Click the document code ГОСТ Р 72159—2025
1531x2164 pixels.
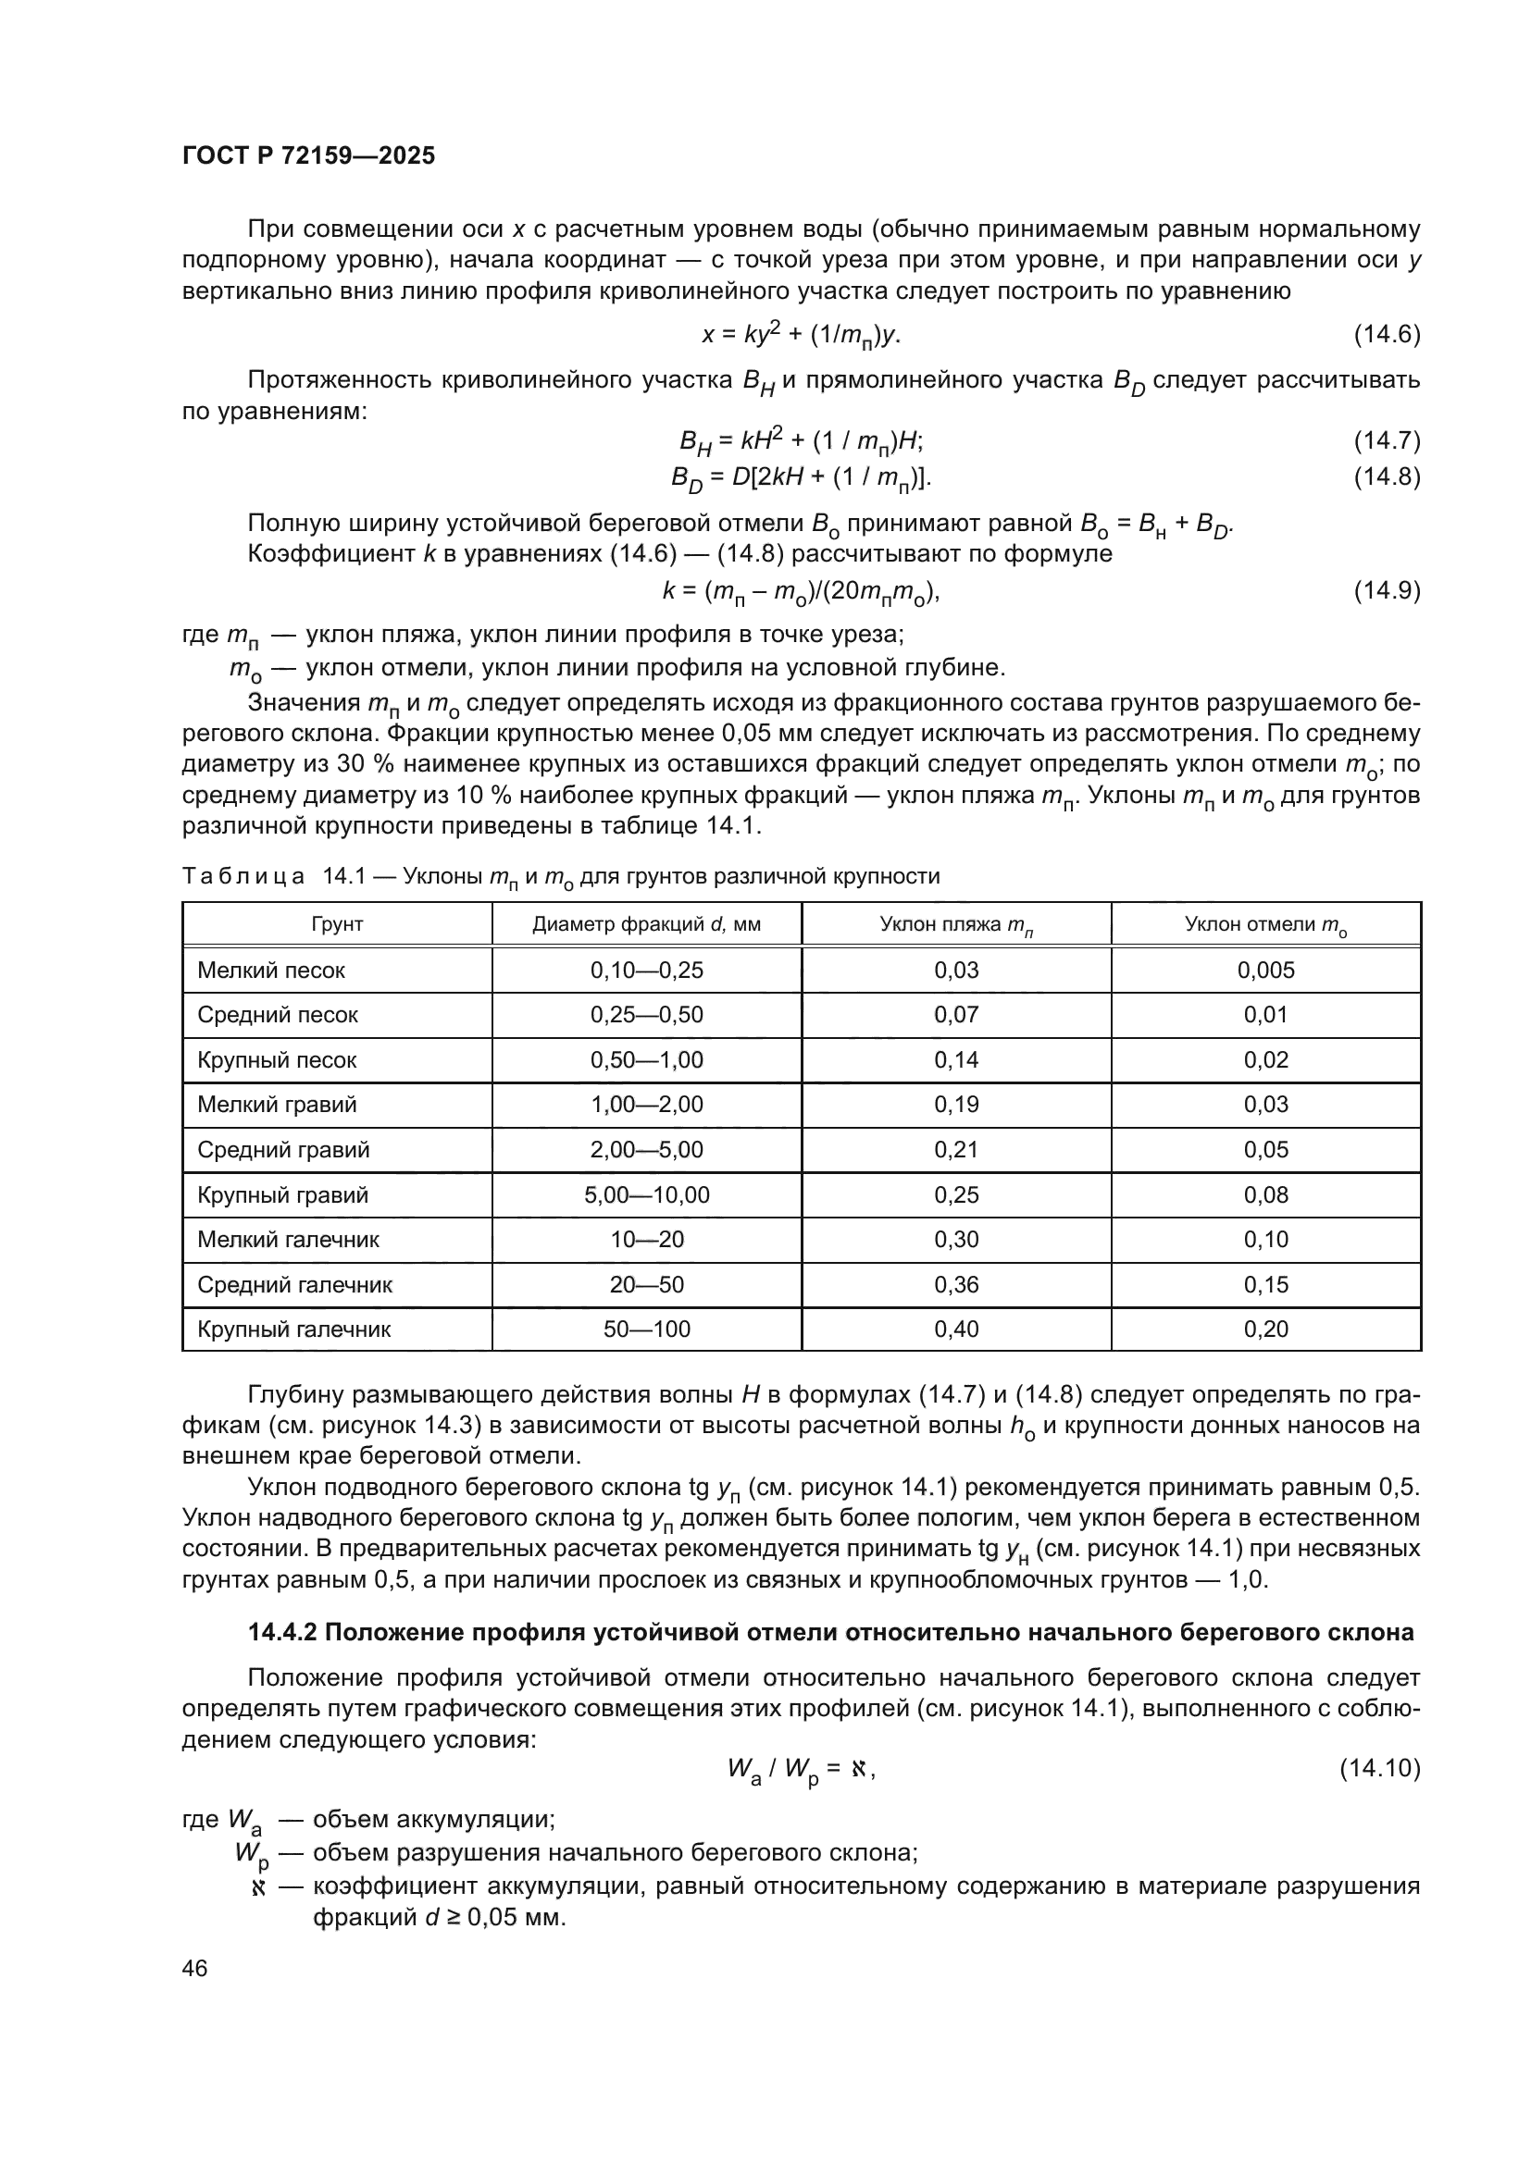point(308,156)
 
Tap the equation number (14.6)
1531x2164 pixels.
point(1386,335)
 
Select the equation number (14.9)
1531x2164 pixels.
point(1386,591)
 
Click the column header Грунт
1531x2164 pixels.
point(337,924)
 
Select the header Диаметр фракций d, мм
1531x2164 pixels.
point(646,924)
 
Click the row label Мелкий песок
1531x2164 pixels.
point(270,970)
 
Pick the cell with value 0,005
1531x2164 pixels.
point(1265,970)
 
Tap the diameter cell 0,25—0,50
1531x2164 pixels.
point(646,1015)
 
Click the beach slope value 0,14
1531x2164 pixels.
point(956,1059)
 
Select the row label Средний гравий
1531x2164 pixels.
point(283,1150)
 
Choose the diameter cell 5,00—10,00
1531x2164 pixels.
point(646,1195)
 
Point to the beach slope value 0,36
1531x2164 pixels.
point(956,1285)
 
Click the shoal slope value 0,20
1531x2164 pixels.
point(1265,1329)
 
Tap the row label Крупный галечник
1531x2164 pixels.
point(293,1329)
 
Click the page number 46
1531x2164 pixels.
point(194,1969)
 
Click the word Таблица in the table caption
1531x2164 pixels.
point(243,876)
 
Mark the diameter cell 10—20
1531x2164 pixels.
point(646,1240)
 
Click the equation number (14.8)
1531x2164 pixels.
point(1386,476)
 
